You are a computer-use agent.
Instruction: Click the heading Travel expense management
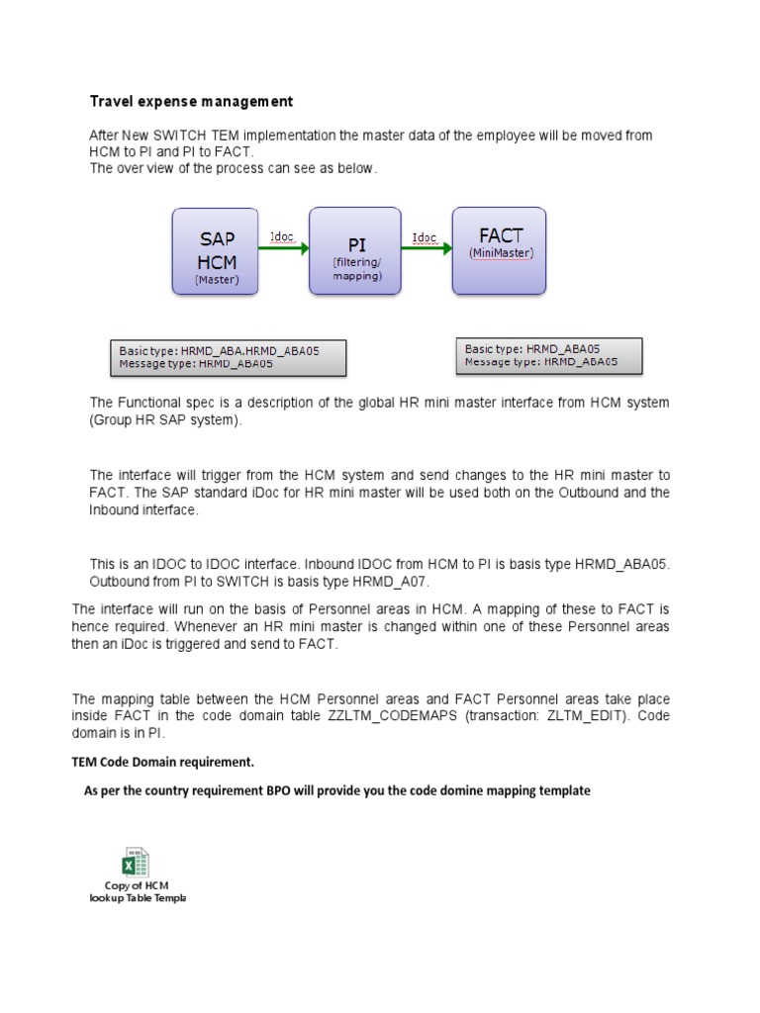click(191, 102)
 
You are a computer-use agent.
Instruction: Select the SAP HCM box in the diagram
click(216, 251)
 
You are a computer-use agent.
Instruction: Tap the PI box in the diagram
click(355, 251)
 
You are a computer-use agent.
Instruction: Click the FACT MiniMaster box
click(499, 250)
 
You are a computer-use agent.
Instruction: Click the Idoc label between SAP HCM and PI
click(283, 237)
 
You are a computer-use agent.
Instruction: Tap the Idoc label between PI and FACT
click(426, 237)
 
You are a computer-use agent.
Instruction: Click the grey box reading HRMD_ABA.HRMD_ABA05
click(228, 357)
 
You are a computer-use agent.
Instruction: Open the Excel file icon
click(137, 861)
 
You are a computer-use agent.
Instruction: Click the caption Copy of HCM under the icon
click(137, 884)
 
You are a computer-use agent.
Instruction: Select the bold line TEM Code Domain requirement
click(168, 762)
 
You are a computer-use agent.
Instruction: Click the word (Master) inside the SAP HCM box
click(216, 280)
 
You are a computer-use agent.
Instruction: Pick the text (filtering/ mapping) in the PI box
click(355, 270)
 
